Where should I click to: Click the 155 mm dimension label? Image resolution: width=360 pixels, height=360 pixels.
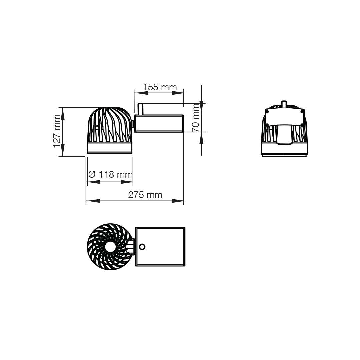(160, 87)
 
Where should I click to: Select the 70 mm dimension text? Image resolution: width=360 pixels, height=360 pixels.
(196, 118)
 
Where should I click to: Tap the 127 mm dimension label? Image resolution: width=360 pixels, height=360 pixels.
(57, 131)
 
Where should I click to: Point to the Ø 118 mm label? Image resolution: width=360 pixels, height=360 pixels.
(110, 174)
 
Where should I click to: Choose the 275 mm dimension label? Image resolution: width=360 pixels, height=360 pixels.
(145, 195)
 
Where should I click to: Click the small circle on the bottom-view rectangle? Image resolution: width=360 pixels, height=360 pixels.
(142, 247)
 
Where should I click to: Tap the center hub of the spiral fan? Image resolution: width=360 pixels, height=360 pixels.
(110, 247)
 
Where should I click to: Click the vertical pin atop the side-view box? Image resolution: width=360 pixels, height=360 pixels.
(140, 109)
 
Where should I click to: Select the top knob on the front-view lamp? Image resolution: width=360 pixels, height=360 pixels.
(284, 104)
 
